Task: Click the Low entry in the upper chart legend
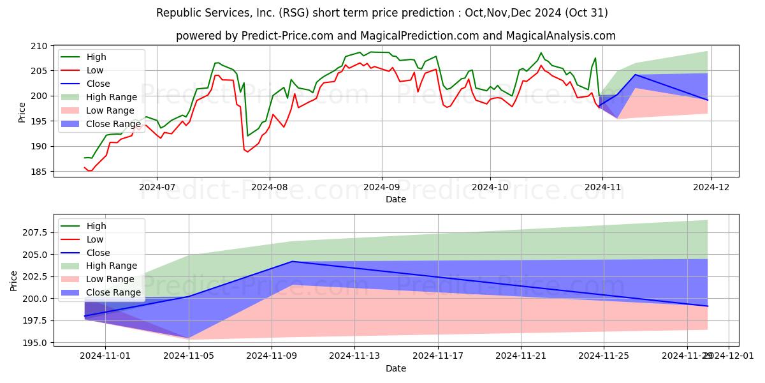point(94,70)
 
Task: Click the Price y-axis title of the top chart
point(22,112)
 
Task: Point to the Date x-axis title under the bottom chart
point(395,369)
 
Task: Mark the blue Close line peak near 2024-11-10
point(293,261)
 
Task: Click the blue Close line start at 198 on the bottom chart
point(85,316)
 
